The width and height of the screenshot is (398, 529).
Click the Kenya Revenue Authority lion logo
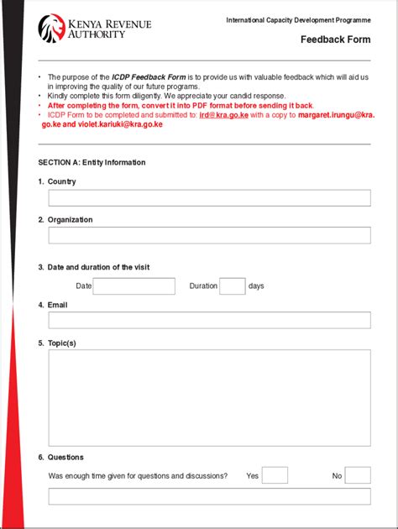[x=51, y=28]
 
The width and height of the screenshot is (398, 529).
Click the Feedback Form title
[x=335, y=39]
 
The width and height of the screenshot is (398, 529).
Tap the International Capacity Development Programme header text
[x=298, y=19]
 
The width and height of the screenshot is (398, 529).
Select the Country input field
[x=209, y=198]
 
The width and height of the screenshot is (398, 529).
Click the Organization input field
[x=209, y=235]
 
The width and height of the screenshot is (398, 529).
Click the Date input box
[x=134, y=286]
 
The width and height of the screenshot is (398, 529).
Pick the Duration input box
[x=233, y=286]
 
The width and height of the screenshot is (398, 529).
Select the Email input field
[x=209, y=320]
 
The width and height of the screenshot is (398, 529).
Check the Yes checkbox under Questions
[x=275, y=475]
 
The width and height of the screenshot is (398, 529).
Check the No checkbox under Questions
[x=358, y=475]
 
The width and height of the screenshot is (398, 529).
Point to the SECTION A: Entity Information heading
[x=92, y=162]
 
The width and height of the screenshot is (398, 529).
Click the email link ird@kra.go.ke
[x=223, y=116]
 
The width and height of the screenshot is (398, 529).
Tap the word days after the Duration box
[x=256, y=286]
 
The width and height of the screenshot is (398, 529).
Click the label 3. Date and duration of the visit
[x=93, y=267]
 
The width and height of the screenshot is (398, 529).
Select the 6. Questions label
[x=60, y=458]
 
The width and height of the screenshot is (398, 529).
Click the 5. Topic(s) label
[x=57, y=343]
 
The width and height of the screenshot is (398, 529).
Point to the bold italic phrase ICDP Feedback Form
[x=149, y=76]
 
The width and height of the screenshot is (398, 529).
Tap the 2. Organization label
[x=65, y=220]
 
